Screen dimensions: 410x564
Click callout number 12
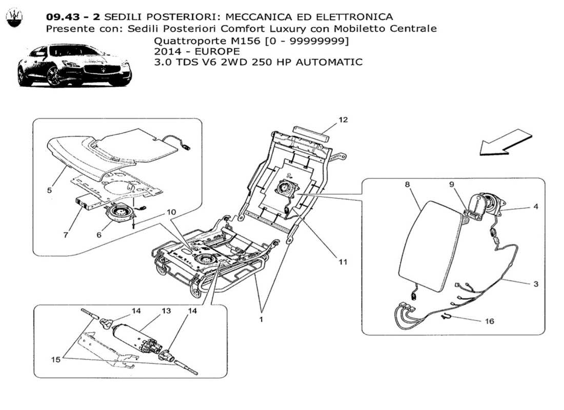pos(343,120)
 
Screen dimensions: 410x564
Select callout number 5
pos(49,190)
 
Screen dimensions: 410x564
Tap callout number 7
pos(65,235)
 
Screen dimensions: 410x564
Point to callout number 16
pos(490,321)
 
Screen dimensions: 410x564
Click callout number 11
pos(343,262)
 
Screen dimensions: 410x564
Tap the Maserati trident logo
pos(14,19)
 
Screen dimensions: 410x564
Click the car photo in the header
pos(74,66)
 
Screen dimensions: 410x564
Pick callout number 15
pos(55,360)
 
